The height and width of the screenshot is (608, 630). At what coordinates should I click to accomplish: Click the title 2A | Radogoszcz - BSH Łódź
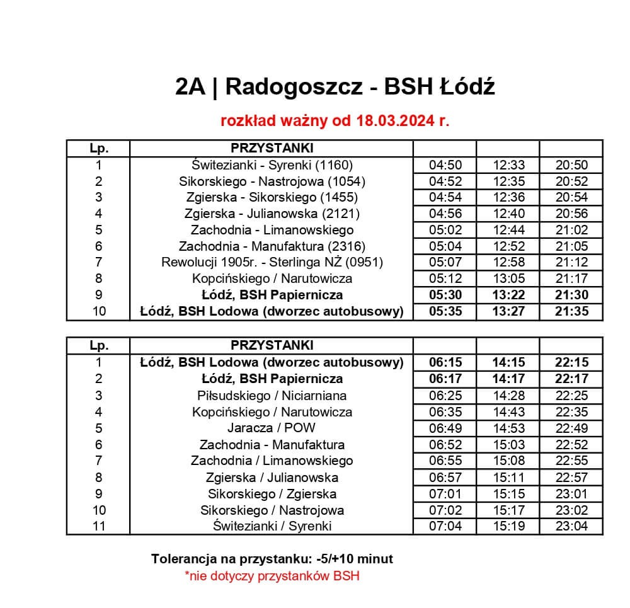[335, 87]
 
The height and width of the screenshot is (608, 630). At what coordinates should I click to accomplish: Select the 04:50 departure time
[445, 165]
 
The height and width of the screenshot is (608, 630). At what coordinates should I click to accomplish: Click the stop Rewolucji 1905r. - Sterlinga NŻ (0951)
[272, 262]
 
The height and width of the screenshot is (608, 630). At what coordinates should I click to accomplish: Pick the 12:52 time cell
[509, 246]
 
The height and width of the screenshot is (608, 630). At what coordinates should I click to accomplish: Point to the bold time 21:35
[571, 311]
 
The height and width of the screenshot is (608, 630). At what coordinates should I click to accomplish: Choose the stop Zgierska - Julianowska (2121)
[272, 214]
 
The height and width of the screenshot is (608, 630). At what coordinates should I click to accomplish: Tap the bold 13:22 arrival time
[509, 295]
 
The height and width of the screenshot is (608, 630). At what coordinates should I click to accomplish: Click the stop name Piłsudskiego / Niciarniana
[272, 396]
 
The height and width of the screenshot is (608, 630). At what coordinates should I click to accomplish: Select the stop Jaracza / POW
[272, 428]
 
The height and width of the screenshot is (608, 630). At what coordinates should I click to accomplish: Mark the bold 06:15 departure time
[445, 362]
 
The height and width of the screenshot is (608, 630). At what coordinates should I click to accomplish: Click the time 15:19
[509, 526]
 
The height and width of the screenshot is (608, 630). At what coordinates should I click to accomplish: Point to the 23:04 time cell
[571, 526]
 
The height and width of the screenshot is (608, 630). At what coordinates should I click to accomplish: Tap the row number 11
[98, 526]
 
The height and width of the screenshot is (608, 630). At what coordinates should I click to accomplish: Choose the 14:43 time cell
[509, 412]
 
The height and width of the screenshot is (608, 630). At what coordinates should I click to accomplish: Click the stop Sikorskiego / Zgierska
[272, 494]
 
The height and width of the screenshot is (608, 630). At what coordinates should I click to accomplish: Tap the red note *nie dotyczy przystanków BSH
[272, 575]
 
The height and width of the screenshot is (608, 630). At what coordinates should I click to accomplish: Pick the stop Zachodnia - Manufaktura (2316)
[272, 246]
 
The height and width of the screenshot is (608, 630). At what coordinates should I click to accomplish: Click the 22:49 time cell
[571, 428]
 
